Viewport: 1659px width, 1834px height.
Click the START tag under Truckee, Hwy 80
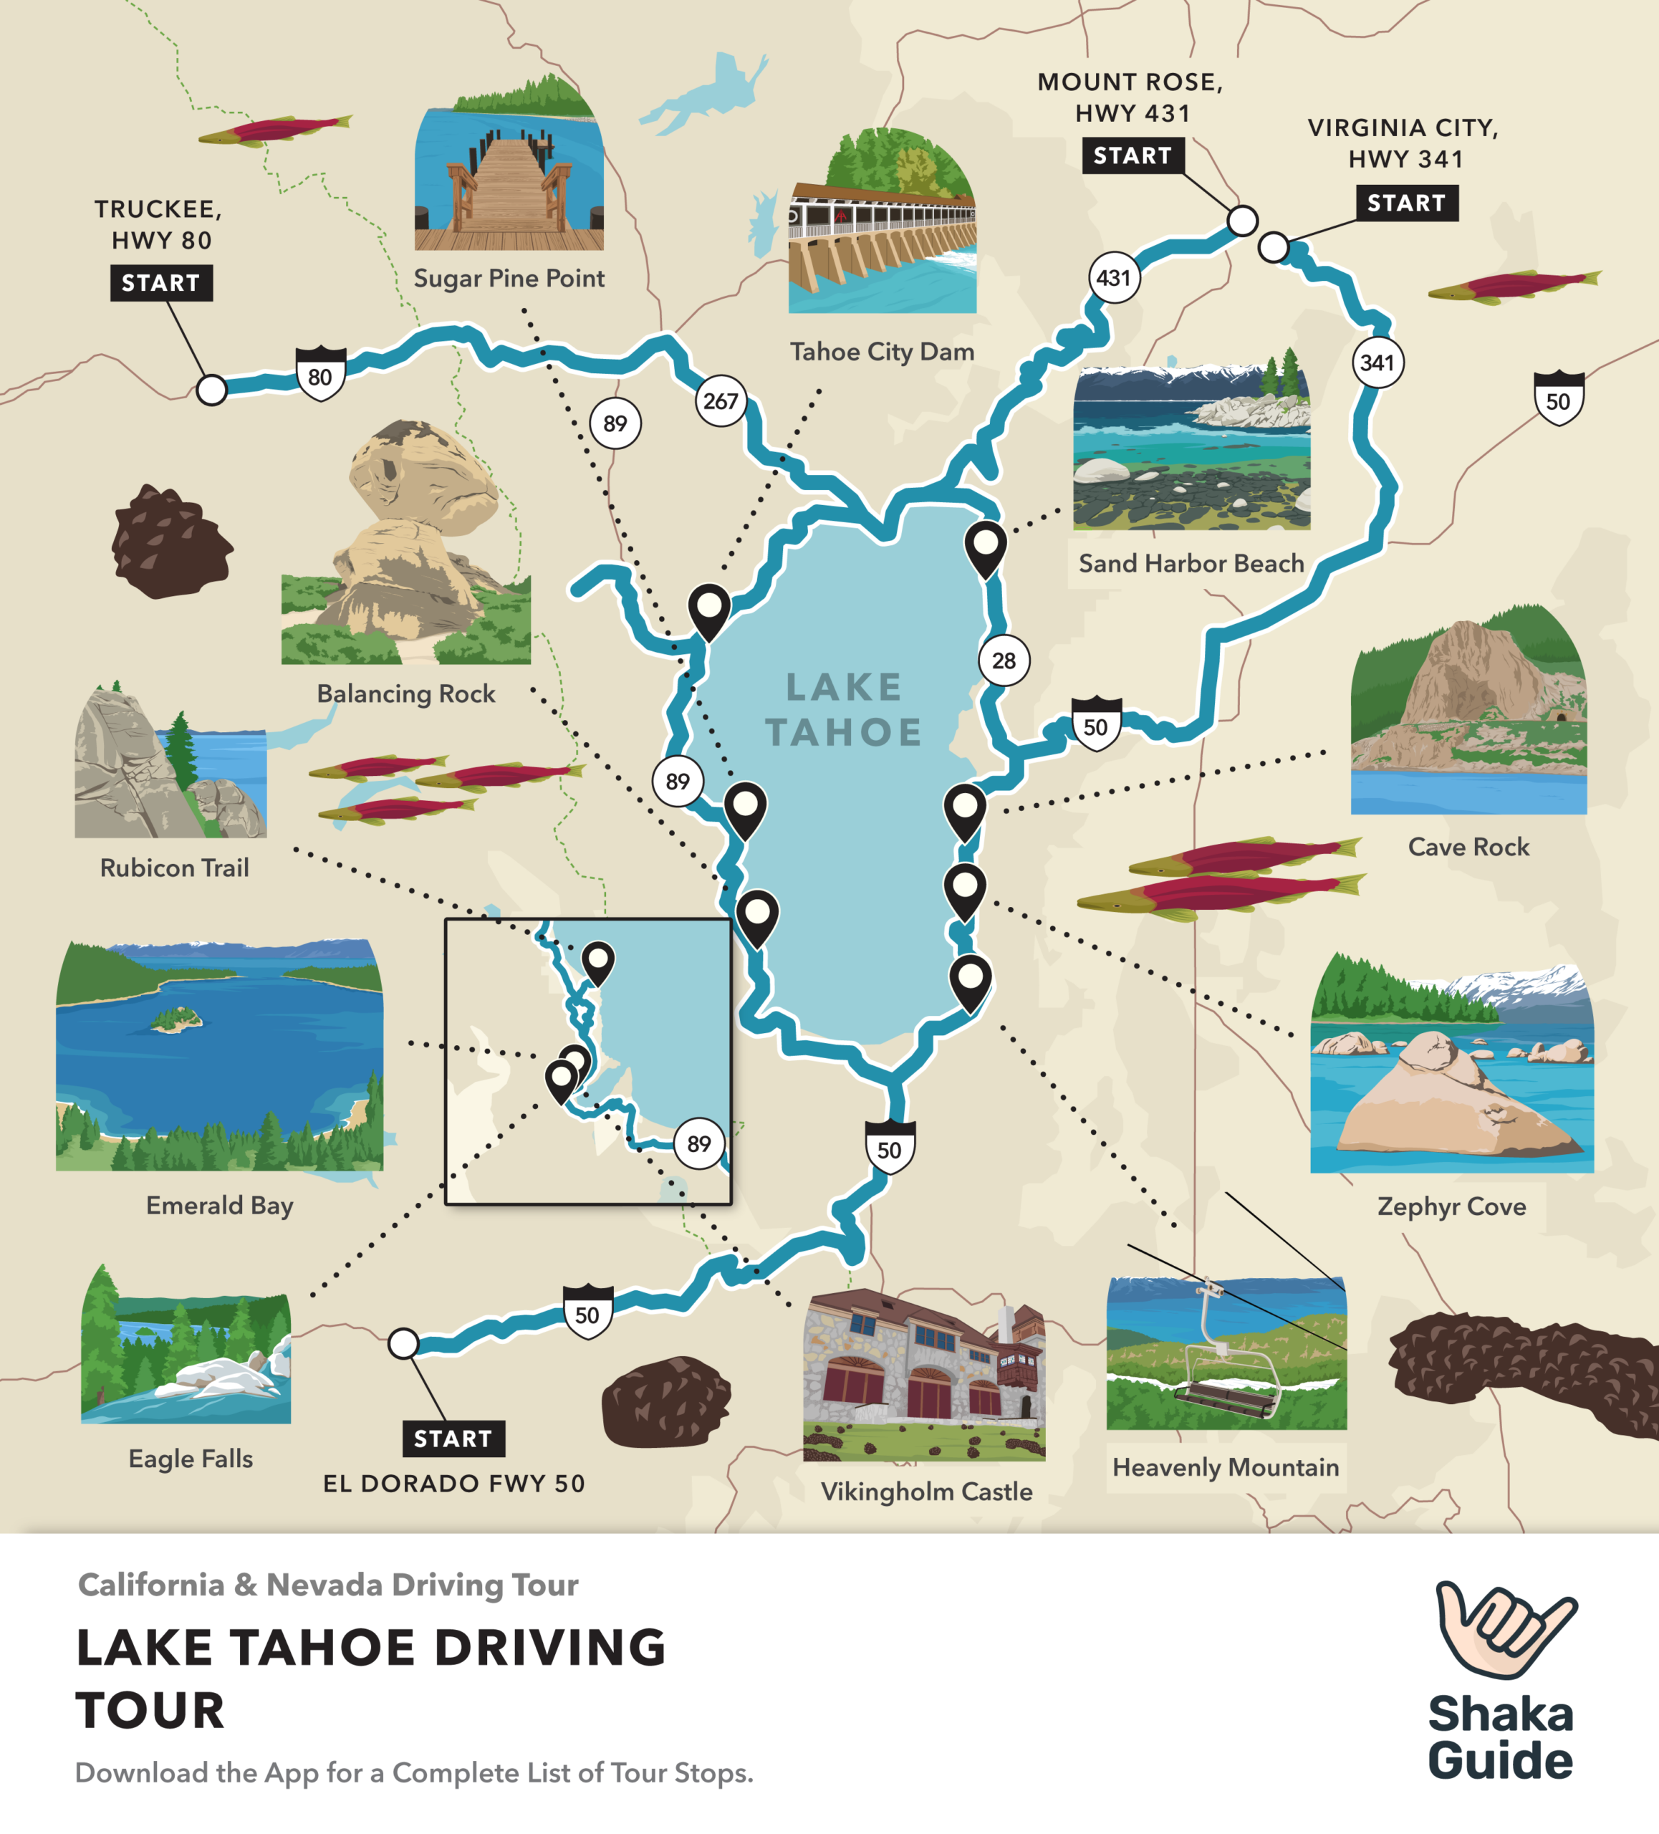[161, 283]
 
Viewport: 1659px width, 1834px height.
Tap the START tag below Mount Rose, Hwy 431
[1133, 155]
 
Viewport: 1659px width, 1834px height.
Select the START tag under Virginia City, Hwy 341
[1406, 202]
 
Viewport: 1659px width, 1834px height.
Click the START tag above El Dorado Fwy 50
[453, 1439]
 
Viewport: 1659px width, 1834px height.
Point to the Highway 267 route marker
[721, 401]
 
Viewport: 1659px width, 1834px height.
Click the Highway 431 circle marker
[1113, 277]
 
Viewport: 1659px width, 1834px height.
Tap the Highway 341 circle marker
[1377, 362]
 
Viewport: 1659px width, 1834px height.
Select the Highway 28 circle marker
[1004, 661]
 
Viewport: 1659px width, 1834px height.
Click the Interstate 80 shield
[320, 374]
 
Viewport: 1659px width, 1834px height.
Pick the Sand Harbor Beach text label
[1191, 563]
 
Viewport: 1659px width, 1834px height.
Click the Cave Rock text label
[1468, 847]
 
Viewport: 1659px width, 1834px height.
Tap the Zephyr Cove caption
[1451, 1206]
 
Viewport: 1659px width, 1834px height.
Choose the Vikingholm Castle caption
[926, 1491]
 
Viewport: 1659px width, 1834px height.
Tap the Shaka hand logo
[1505, 1628]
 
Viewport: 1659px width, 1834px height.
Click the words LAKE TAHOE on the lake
[844, 709]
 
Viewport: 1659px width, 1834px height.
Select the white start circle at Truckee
[212, 389]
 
